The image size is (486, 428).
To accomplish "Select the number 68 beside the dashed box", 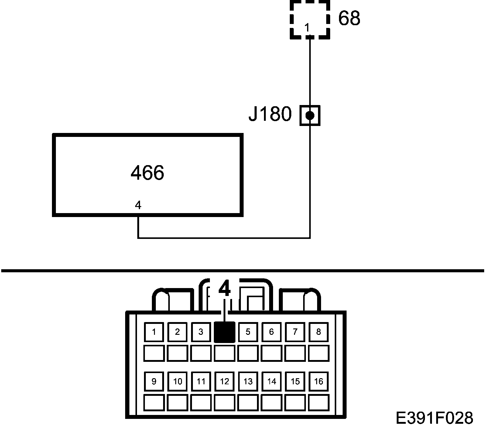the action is click(x=349, y=18).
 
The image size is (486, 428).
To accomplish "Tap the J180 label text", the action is click(x=270, y=114).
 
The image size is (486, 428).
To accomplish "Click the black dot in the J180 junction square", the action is click(x=310, y=115).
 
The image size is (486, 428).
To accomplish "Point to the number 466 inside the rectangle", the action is click(x=147, y=173).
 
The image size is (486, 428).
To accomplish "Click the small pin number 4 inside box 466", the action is click(x=138, y=206).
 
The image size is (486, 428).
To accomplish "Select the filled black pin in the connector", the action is click(x=224, y=332).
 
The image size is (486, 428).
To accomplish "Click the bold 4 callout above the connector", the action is click(x=224, y=289).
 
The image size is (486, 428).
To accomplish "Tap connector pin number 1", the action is click(x=154, y=332).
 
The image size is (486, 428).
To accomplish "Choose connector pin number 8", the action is click(x=318, y=332).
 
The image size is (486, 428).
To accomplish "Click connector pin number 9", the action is click(x=154, y=381).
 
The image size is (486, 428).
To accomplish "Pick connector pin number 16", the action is click(x=318, y=381).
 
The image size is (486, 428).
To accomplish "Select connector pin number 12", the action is click(x=224, y=381).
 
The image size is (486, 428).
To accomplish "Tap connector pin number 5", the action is click(x=248, y=332).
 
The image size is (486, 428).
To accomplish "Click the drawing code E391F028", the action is click(x=434, y=418).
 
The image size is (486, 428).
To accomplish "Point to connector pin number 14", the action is click(x=272, y=381).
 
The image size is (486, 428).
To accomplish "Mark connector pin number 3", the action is click(x=201, y=332).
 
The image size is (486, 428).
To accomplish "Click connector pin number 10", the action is click(x=178, y=381).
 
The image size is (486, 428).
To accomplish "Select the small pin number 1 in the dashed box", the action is click(x=307, y=28).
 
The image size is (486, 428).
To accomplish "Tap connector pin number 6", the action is click(x=272, y=332).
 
